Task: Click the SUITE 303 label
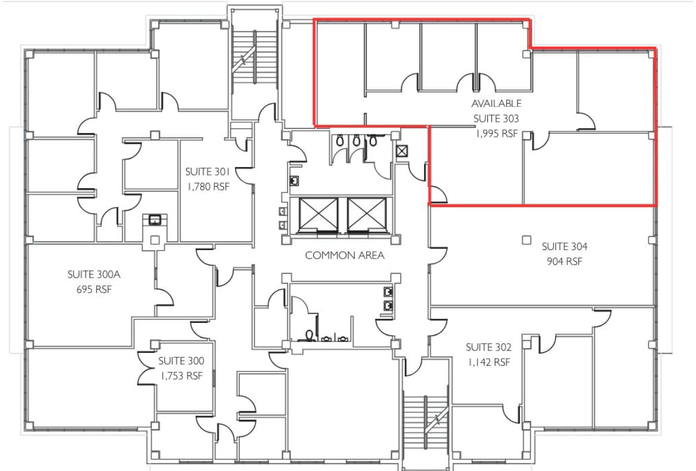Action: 496,119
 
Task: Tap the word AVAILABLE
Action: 496,104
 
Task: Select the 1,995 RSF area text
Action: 496,134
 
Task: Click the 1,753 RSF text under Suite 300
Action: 181,376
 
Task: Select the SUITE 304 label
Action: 565,246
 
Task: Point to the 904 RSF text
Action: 565,261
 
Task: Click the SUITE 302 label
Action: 488,347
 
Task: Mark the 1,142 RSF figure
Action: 488,362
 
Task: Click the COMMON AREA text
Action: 345,255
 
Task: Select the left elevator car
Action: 318,214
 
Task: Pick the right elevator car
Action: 367,214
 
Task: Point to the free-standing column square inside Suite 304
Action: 526,240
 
